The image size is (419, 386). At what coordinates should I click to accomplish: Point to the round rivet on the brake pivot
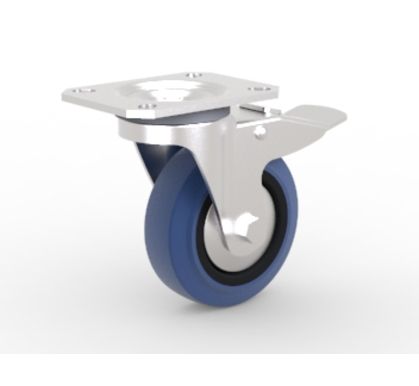(258, 134)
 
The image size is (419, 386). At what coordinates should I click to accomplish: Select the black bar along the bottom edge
(209, 370)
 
